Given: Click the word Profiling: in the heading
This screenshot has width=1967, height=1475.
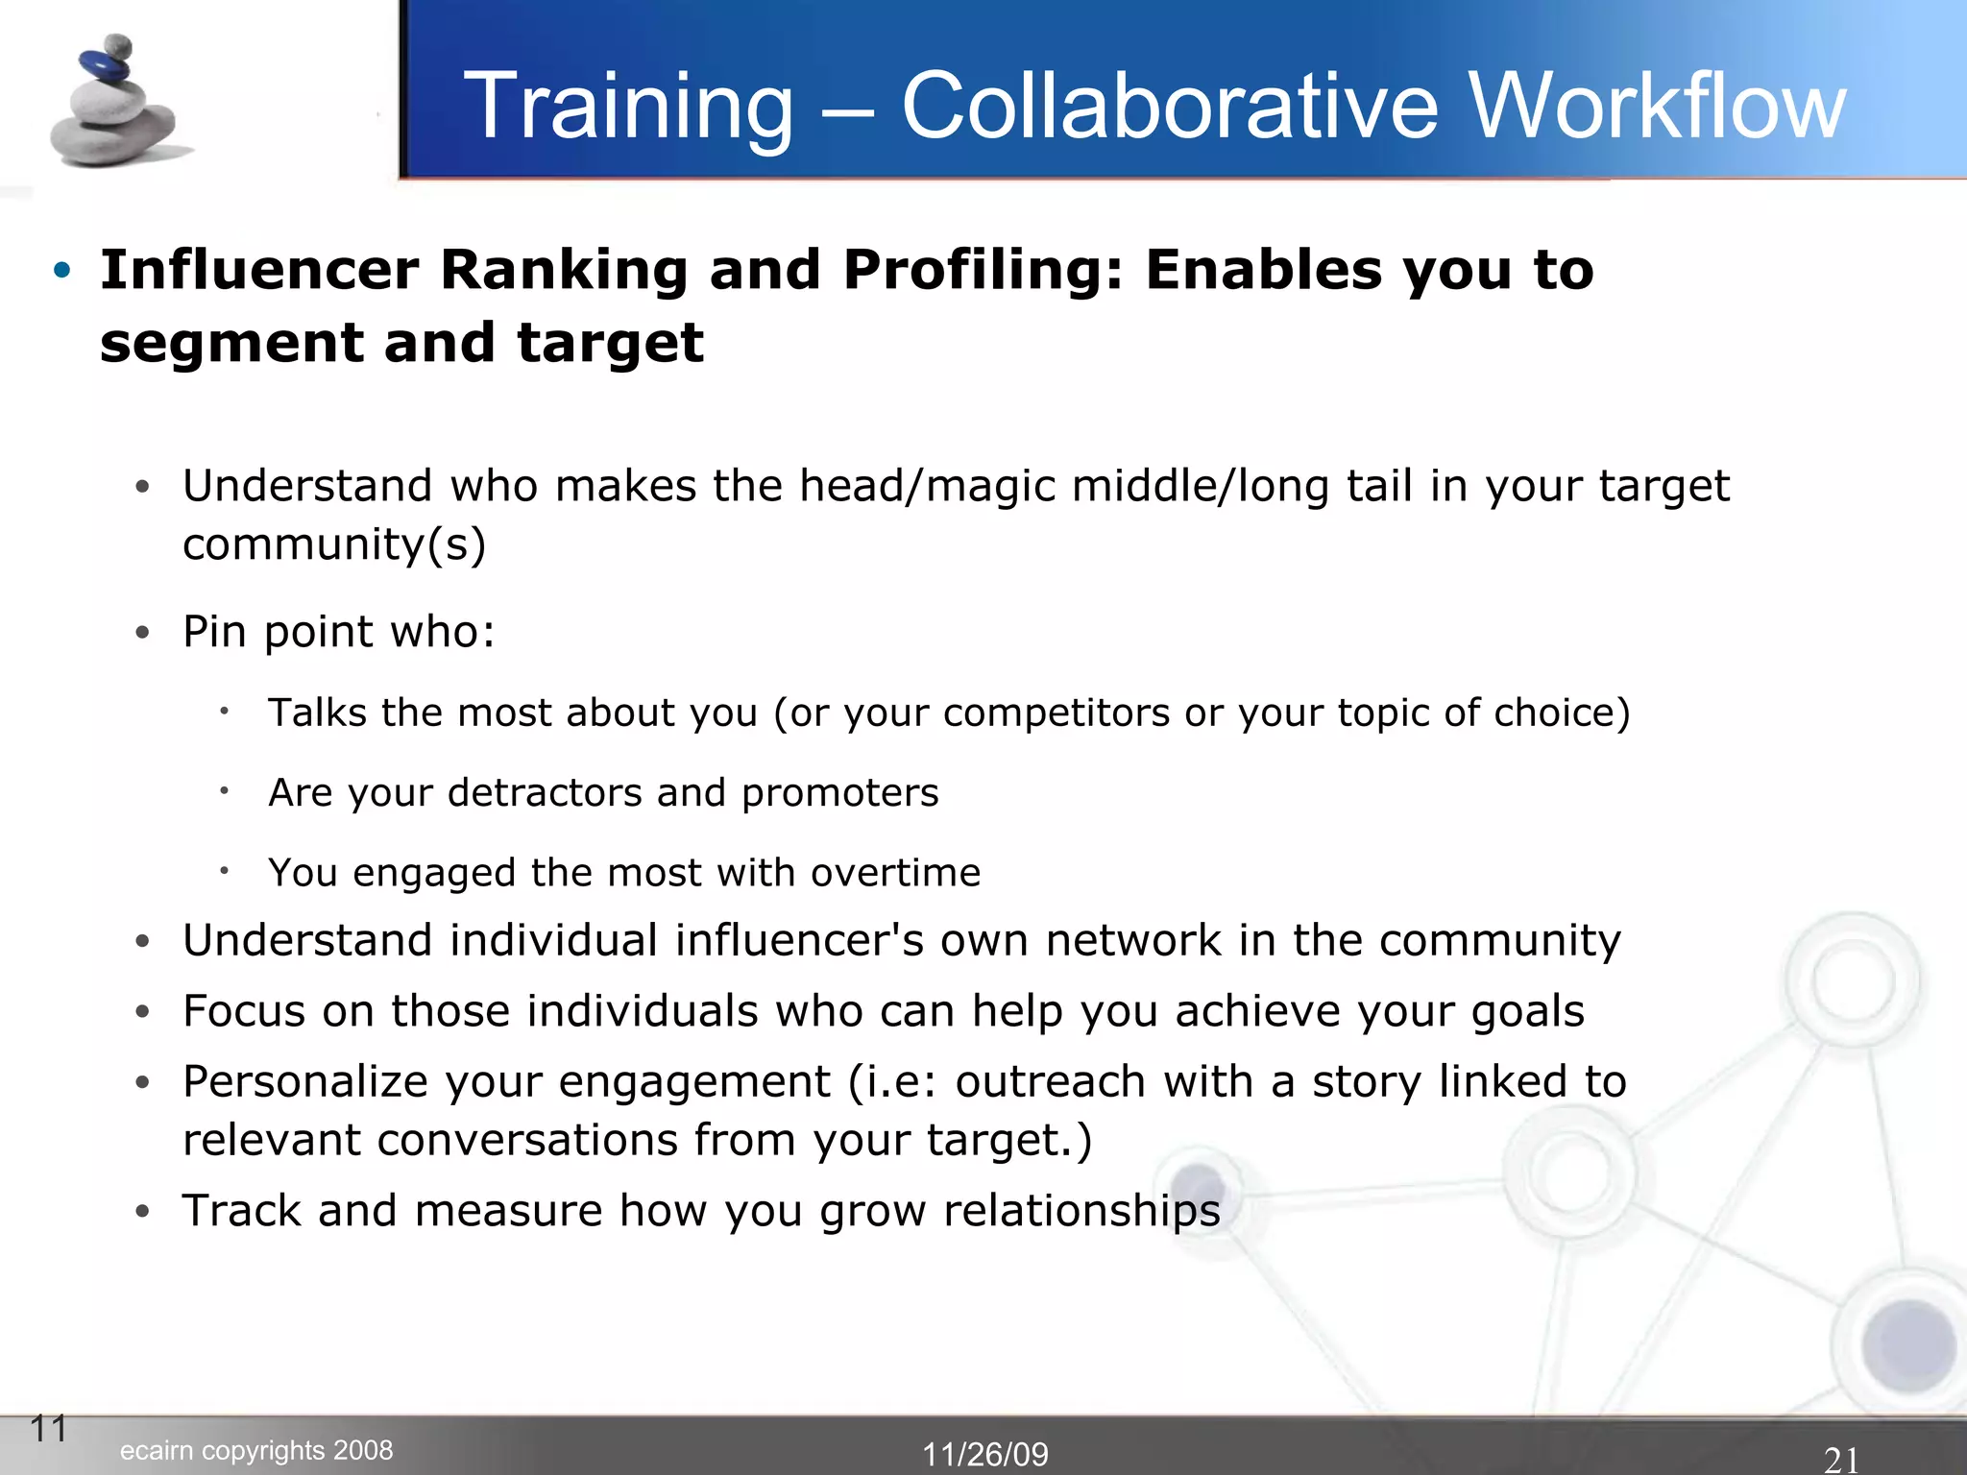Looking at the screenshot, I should [x=983, y=272].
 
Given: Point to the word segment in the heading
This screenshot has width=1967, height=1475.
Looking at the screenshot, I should [x=231, y=344].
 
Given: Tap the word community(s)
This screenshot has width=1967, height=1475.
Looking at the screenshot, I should [x=334, y=545].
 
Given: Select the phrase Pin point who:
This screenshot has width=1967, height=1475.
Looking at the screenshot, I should [x=338, y=633].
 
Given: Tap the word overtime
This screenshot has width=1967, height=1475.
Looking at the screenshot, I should [x=895, y=873].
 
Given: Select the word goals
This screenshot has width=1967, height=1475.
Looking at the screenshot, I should [x=1527, y=1012].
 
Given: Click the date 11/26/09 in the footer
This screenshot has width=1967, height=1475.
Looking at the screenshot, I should [x=985, y=1454].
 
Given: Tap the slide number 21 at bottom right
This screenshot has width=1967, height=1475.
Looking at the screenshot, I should [x=1840, y=1460].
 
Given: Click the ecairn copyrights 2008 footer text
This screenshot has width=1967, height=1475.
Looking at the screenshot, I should [x=256, y=1450].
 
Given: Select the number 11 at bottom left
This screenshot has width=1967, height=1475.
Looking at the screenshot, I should [x=49, y=1429].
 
